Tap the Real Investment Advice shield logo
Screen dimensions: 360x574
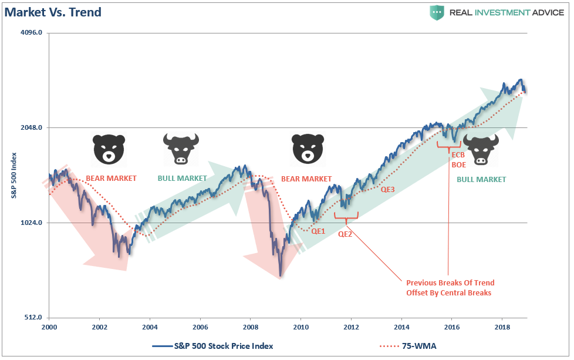[437, 12]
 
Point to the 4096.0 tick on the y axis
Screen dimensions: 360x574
[32, 33]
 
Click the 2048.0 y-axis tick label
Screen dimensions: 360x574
[32, 128]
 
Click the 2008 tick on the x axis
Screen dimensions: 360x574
[251, 326]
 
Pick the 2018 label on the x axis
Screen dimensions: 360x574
[502, 326]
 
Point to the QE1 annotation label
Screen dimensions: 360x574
[318, 231]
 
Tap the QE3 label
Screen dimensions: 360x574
[388, 190]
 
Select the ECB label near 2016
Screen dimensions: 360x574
[458, 155]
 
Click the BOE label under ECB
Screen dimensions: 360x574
[458, 165]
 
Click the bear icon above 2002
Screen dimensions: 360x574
[109, 149]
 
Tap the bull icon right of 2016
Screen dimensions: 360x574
[481, 149]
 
